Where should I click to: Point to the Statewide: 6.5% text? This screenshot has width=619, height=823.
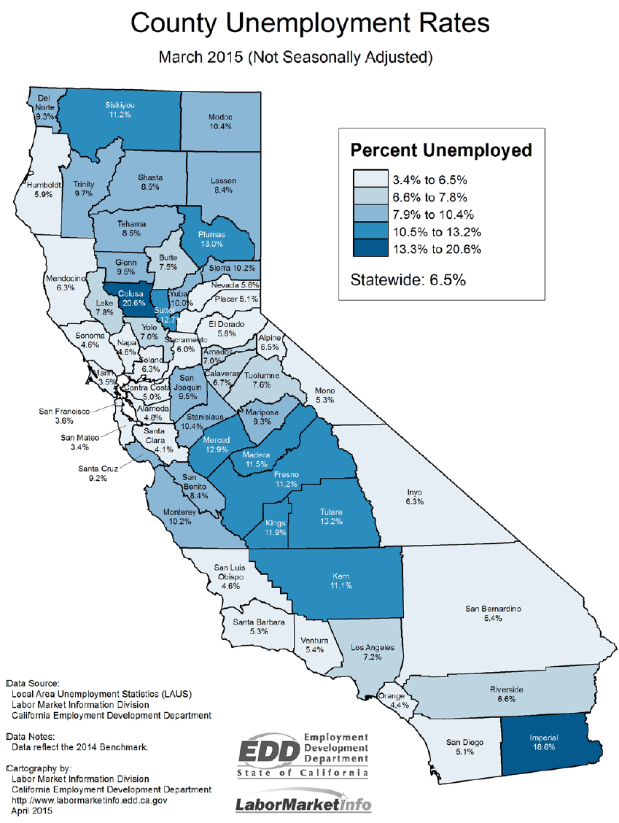pyautogui.click(x=408, y=279)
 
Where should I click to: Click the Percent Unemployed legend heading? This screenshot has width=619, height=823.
pyautogui.click(x=441, y=150)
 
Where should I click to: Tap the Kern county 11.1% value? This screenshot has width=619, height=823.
pyautogui.click(x=340, y=586)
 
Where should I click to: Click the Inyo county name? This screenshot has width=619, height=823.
pyautogui.click(x=413, y=492)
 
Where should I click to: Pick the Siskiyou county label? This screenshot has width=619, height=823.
pyautogui.click(x=119, y=105)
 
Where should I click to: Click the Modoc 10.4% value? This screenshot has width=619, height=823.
pyautogui.click(x=219, y=127)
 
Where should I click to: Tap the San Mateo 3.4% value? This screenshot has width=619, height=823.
pyautogui.click(x=75, y=447)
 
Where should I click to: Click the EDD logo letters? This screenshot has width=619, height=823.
pyautogui.click(x=269, y=749)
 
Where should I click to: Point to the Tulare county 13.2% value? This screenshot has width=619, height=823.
pyautogui.click(x=331, y=522)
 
